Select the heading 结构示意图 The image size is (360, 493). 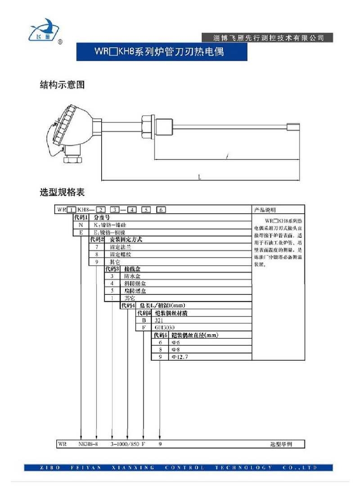(63, 85)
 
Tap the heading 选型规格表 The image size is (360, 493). (63, 193)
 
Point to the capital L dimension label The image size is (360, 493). (199, 177)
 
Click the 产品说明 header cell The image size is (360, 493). (266, 210)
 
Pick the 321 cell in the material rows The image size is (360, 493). (160, 320)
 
